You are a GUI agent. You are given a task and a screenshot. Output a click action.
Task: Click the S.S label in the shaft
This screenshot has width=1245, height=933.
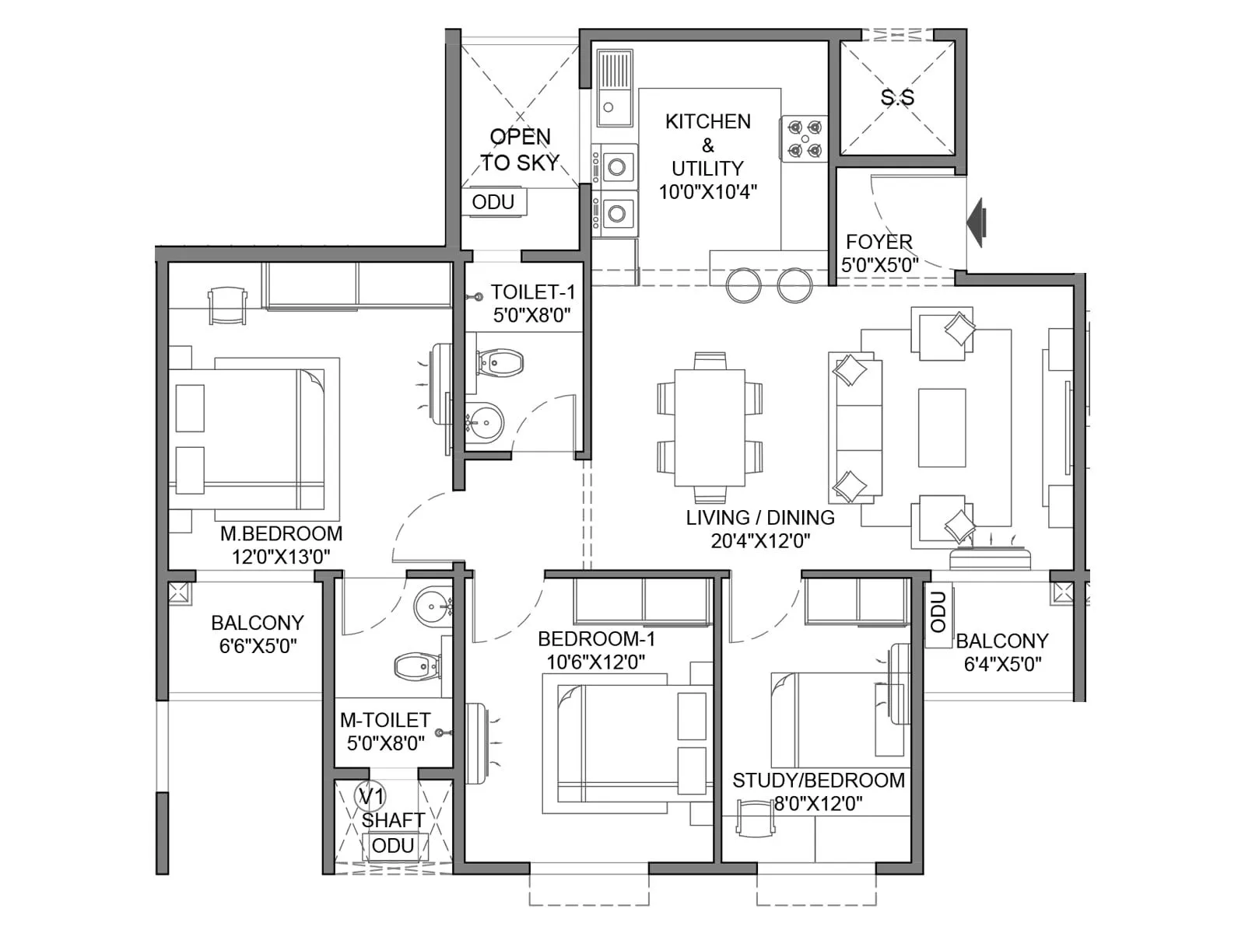pos(897,97)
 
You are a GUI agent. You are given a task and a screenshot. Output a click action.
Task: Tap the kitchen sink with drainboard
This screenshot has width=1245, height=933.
pos(615,87)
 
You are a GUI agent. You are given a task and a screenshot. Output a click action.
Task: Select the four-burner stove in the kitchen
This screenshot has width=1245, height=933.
pos(804,138)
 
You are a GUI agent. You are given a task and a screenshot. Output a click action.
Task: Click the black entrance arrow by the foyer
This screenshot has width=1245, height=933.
pos(977,222)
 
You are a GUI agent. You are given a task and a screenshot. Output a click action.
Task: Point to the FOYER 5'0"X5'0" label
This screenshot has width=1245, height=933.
pos(879,253)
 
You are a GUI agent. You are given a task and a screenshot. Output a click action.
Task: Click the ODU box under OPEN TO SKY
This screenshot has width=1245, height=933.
pos(493,202)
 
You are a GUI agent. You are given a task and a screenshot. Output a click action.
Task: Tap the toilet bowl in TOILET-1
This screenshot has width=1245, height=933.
pos(500,362)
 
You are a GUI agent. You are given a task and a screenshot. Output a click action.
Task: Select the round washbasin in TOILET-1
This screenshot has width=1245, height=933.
pos(485,424)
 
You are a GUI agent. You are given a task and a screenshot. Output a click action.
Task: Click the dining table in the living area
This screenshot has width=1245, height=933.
pos(709,427)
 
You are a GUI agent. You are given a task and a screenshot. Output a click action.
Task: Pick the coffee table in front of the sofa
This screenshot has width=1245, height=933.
pos(942,428)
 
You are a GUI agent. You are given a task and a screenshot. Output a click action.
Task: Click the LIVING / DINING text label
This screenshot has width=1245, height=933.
pos(760,518)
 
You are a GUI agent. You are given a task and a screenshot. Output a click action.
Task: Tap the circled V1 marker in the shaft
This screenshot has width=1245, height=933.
pos(370,796)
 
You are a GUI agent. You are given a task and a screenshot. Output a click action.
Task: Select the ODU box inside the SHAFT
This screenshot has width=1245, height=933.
pos(393,846)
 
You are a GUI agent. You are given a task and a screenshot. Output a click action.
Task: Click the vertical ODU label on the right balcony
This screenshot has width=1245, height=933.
pos(938,612)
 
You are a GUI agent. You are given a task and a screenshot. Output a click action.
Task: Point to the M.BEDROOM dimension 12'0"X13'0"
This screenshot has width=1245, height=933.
pos(281,557)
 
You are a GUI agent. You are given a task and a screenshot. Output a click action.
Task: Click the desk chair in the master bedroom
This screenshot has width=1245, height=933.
pos(226,305)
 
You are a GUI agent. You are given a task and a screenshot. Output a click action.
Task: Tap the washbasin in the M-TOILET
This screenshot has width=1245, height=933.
pos(432,606)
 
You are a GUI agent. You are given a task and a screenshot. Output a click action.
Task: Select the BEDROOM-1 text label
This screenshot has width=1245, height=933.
pos(596,639)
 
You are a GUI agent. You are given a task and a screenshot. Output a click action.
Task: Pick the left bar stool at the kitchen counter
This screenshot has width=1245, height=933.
pos(744,285)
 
